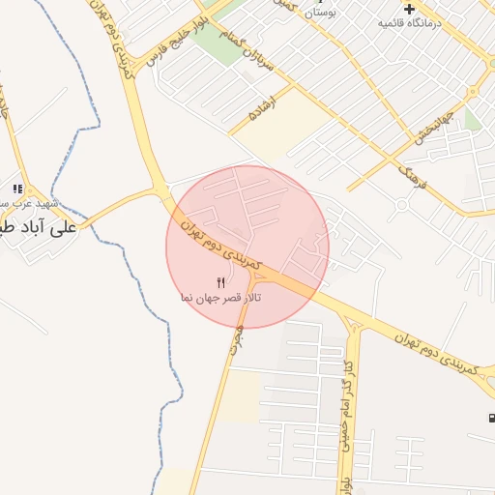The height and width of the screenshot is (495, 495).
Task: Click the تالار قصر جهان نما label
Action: pyautogui.click(x=219, y=298)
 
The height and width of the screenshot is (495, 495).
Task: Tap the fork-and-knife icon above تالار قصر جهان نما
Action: pyautogui.click(x=220, y=282)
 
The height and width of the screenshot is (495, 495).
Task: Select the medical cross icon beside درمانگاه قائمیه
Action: pyautogui.click(x=408, y=8)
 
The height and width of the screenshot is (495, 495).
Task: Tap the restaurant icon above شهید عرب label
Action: pyautogui.click(x=16, y=189)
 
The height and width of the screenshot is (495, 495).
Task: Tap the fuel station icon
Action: pyautogui.click(x=489, y=419)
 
